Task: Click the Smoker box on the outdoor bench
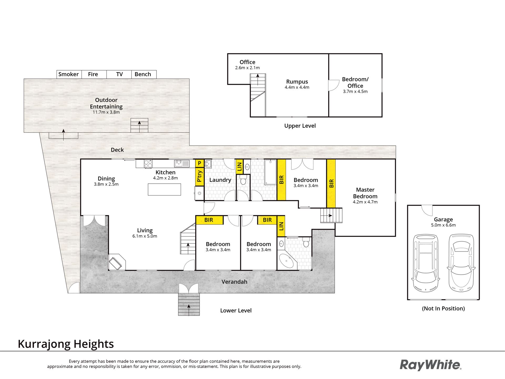point(69,74)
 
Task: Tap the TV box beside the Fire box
point(119,74)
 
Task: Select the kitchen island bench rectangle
point(164,189)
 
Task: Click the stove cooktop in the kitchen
point(148,164)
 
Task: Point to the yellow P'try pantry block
point(200,176)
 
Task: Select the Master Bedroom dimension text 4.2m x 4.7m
point(365,202)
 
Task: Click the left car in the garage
point(425,263)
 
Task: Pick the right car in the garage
point(461,263)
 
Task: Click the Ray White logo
point(431,365)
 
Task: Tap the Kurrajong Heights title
point(66,344)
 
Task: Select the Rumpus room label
point(297,82)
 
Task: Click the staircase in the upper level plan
point(258,95)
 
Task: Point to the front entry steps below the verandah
point(189,304)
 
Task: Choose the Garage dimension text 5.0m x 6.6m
point(443,225)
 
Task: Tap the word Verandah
point(234,282)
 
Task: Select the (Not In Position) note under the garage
point(443,308)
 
